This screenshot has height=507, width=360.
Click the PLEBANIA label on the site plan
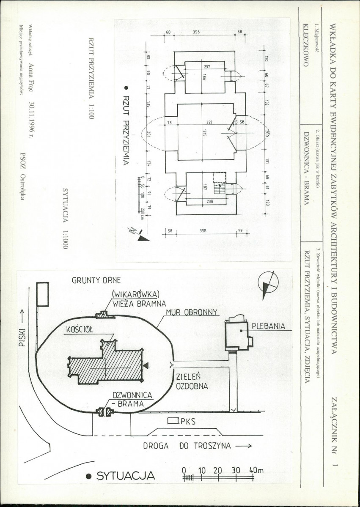[269, 326]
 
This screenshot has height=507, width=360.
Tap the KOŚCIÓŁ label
[80, 330]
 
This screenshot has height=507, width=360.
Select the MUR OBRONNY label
[192, 312]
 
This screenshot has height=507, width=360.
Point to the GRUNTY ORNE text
[96, 280]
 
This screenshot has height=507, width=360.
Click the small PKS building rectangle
[173, 421]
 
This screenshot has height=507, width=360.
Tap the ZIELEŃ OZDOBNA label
[192, 381]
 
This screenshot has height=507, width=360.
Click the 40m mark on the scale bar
[256, 471]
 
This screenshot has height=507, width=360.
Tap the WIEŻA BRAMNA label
[139, 304]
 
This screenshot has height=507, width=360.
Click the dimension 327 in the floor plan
[209, 122]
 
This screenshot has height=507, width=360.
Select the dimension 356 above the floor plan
[196, 32]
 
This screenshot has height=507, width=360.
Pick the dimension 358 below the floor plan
[203, 231]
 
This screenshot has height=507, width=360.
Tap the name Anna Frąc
[31, 78]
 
